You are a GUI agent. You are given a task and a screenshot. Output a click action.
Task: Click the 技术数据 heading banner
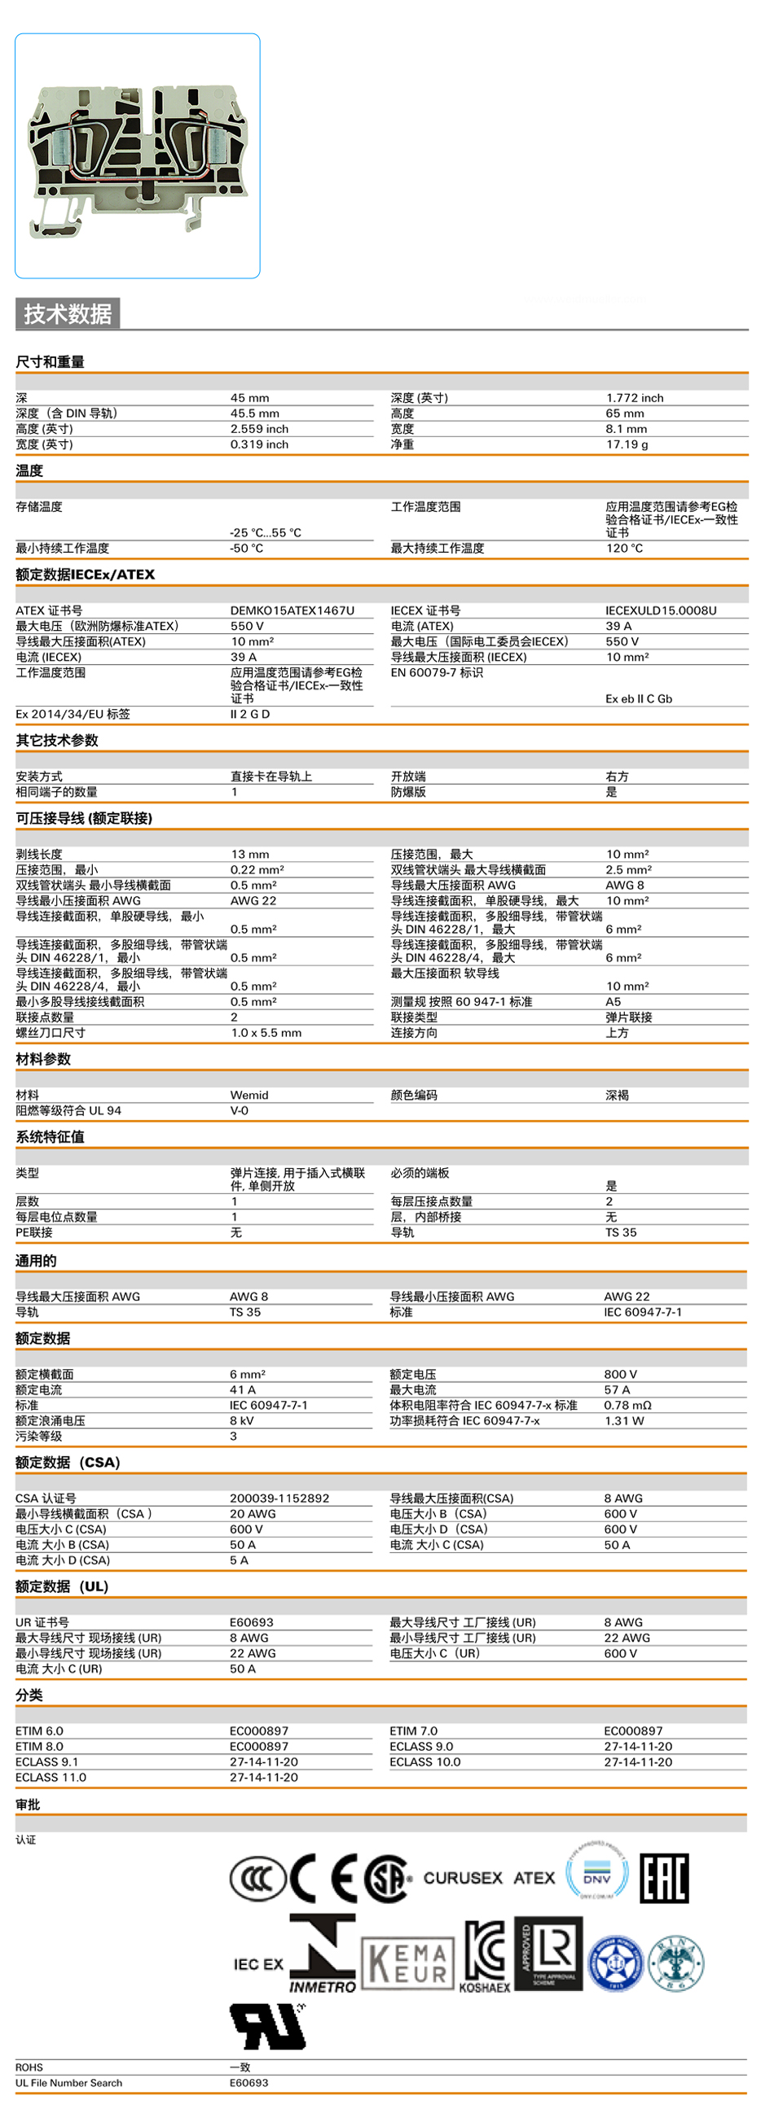68,313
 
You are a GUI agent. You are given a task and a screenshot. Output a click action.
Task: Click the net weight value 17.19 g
627,444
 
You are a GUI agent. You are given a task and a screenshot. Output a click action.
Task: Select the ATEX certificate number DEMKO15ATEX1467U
292,610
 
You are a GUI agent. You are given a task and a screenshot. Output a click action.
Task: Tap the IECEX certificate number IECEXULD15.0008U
660,610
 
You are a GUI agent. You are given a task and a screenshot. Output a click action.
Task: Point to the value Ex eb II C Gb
639,698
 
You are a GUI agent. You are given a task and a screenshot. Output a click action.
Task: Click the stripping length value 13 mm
250,854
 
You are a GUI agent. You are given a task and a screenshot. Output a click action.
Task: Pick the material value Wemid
249,1095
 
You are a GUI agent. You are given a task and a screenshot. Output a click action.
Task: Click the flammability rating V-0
240,1110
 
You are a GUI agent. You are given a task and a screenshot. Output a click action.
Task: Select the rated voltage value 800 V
620,1374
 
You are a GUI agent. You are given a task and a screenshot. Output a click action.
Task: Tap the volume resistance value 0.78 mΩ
627,1405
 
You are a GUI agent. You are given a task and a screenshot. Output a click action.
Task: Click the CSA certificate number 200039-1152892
279,1499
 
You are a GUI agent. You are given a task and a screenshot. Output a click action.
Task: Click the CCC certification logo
257,1877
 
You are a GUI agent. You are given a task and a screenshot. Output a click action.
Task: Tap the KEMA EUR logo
407,1964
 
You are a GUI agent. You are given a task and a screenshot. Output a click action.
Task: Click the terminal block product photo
138,155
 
